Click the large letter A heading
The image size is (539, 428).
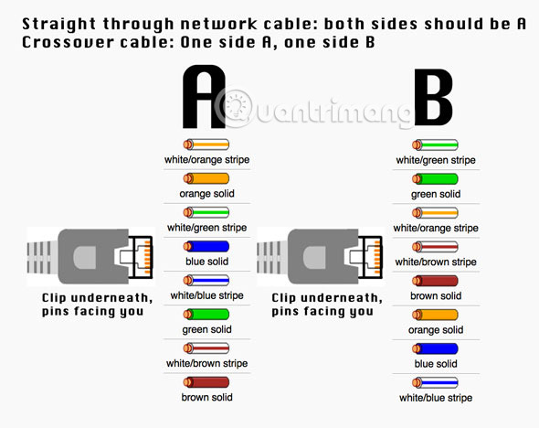click(204, 97)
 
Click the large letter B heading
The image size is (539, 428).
click(433, 97)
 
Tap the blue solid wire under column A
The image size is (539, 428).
click(206, 246)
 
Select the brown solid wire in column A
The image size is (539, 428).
click(206, 382)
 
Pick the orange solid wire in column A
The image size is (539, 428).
click(206, 178)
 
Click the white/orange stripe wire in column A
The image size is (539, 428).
click(206, 144)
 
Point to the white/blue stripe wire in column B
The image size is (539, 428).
click(435, 382)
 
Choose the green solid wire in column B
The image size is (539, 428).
click(435, 179)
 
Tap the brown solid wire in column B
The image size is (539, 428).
click(435, 281)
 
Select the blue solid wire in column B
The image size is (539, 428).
click(435, 348)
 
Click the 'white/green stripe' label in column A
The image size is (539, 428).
click(207, 228)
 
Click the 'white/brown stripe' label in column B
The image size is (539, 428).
click(436, 262)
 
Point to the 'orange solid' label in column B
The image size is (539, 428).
click(436, 330)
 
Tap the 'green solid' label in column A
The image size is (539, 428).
click(207, 329)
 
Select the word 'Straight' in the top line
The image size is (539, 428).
click(58, 24)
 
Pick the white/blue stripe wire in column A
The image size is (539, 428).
click(206, 281)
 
